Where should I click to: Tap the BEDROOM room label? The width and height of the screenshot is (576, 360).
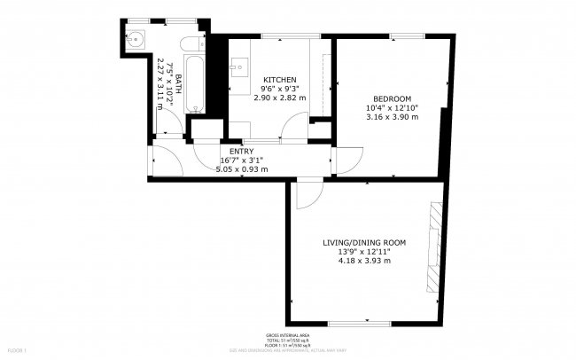pyautogui.click(x=391, y=98)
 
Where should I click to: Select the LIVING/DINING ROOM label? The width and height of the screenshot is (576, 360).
pyautogui.click(x=364, y=242)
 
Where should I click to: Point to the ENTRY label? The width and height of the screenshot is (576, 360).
pyautogui.click(x=230, y=152)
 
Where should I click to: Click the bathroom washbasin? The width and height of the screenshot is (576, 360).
pyautogui.click(x=136, y=40)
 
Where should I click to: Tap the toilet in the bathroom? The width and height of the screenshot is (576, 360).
pyautogui.click(x=191, y=43)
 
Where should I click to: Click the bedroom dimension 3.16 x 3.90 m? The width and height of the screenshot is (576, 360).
pyautogui.click(x=391, y=117)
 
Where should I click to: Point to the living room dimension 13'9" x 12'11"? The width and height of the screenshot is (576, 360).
pyautogui.click(x=364, y=252)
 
